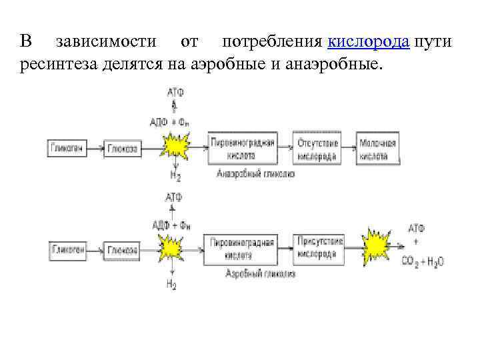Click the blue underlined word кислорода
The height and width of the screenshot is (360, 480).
tap(369, 42)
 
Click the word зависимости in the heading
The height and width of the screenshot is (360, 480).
tap(107, 42)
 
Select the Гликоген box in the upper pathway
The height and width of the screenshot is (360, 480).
tap(67, 148)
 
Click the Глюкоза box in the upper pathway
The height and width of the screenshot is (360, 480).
tap(121, 149)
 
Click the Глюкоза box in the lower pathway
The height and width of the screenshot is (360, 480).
tap(121, 250)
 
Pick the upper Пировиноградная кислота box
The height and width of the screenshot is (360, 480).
tap(241, 149)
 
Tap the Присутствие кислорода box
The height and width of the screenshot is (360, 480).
tap(318, 247)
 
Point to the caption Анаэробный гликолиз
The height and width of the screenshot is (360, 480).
tap(255, 173)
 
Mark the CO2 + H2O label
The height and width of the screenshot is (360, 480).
tap(423, 262)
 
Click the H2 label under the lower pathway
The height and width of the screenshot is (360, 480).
tap(172, 285)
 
